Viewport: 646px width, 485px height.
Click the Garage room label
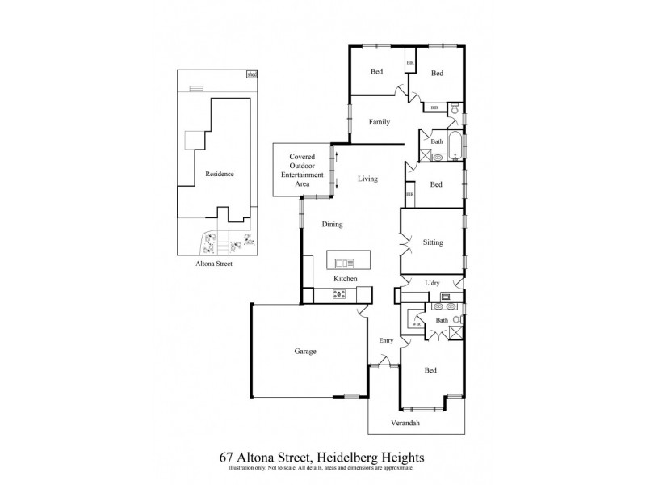click(304, 352)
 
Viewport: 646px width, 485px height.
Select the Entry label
click(386, 340)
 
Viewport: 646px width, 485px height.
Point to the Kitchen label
click(346, 279)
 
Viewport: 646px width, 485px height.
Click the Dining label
click(333, 224)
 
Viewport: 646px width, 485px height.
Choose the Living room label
click(367, 178)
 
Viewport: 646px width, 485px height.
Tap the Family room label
click(380, 122)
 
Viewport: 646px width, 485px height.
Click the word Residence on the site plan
click(220, 174)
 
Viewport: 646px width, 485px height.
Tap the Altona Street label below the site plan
click(212, 263)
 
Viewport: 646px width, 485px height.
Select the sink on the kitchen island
click(344, 262)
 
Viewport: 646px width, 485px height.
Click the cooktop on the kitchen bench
click(340, 294)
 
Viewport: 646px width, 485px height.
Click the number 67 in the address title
click(228, 457)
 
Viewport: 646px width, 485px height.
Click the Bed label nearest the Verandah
click(430, 370)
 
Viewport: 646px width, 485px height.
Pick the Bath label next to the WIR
click(442, 320)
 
